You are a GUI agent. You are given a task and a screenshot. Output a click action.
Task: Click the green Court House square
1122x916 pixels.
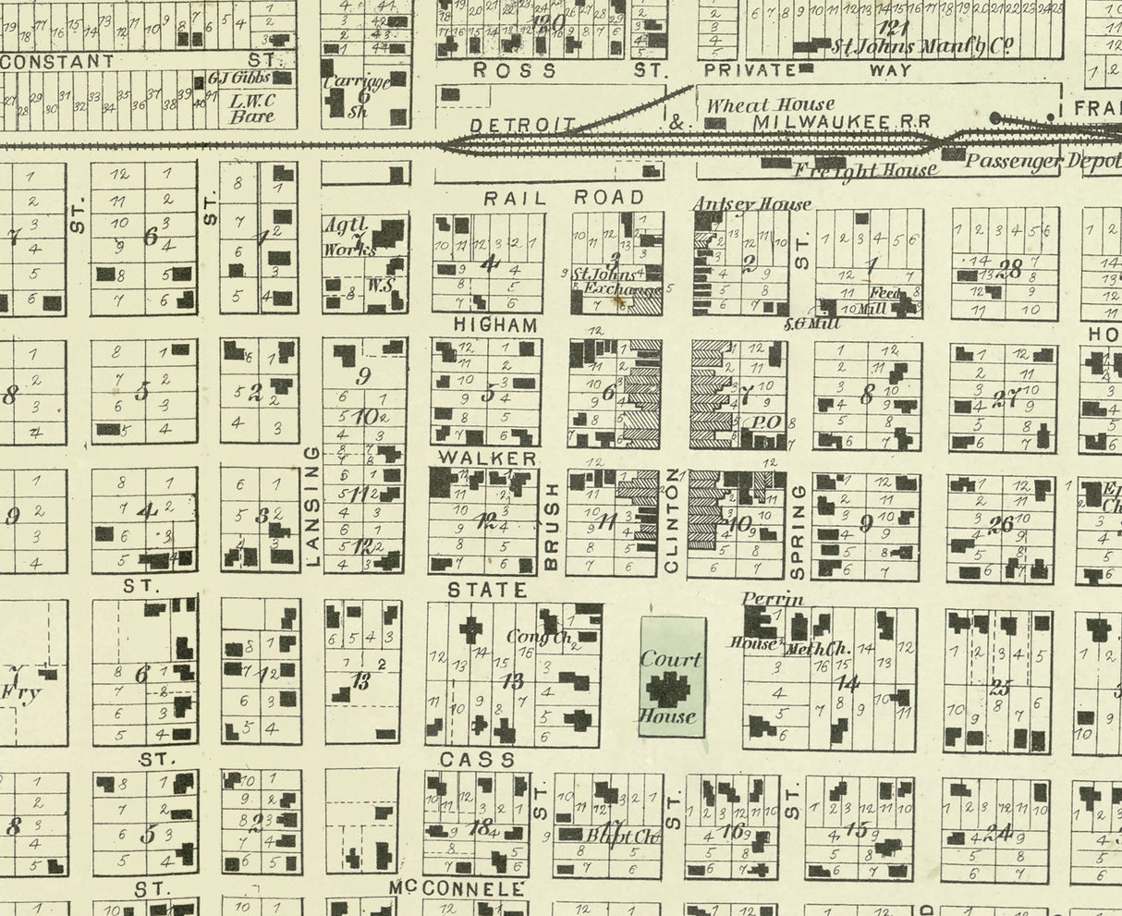click(673, 677)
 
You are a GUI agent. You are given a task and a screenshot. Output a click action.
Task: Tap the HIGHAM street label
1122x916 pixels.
click(495, 325)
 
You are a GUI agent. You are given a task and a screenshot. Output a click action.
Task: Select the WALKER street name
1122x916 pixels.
click(487, 458)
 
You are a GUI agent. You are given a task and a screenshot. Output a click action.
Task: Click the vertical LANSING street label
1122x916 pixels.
click(311, 507)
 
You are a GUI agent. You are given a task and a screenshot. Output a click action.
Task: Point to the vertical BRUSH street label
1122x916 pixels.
click(552, 525)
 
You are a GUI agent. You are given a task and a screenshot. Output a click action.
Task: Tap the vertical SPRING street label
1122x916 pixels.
click(799, 531)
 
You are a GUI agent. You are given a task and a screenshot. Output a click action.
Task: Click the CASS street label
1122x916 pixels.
click(478, 760)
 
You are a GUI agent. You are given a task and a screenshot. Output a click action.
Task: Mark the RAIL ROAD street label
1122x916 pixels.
click(564, 197)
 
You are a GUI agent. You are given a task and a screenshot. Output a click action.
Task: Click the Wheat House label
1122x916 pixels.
click(770, 105)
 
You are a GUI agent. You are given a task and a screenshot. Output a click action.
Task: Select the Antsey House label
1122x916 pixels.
click(751, 204)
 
